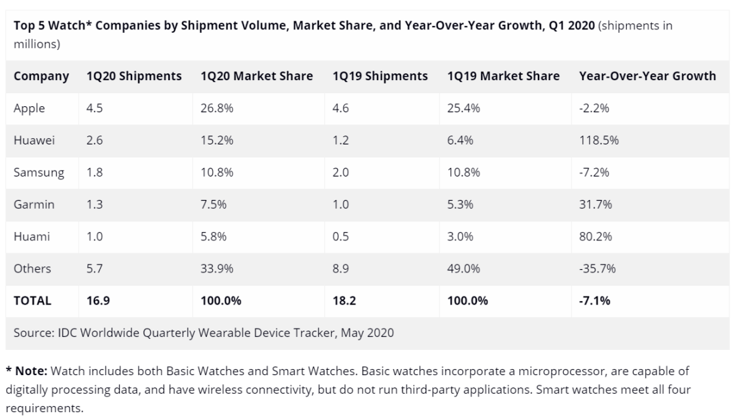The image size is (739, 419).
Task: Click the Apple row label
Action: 29,108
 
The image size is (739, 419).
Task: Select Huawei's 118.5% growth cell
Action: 599,140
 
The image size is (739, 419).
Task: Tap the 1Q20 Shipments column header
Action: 134,76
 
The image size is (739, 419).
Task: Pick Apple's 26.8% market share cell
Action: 217,108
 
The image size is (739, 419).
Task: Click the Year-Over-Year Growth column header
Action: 647,76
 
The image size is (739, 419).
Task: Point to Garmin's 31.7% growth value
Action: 595,205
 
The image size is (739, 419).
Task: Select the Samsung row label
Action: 39,173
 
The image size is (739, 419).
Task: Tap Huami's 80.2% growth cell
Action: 595,237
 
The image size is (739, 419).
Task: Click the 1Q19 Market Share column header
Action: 503,76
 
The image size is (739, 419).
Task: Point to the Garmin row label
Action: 34,205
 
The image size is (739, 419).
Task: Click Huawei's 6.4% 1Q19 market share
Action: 461,140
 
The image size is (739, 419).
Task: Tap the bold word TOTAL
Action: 32,301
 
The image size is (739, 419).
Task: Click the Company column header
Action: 41,76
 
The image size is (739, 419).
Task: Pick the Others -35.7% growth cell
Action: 597,269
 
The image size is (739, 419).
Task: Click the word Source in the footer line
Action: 32,333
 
